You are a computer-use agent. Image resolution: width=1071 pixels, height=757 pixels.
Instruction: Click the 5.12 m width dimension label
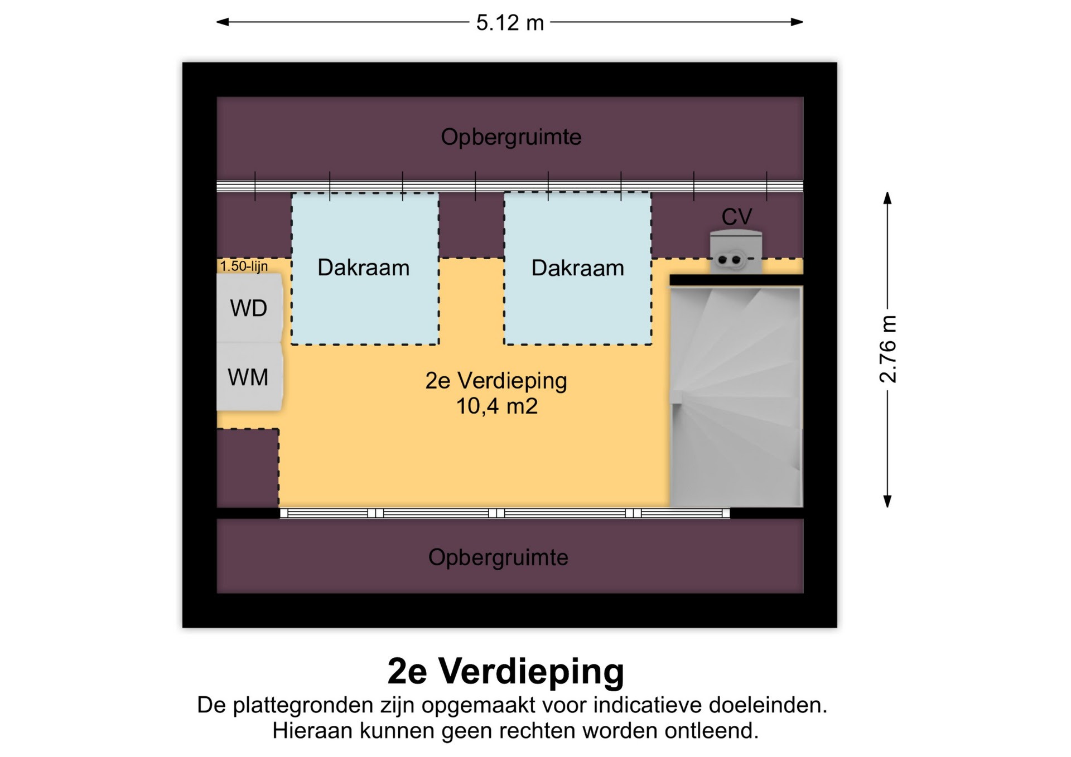[510, 23]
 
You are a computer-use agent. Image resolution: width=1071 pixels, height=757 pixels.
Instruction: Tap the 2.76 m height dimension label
[887, 349]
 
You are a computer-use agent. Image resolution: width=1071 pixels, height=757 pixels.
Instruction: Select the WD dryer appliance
[249, 308]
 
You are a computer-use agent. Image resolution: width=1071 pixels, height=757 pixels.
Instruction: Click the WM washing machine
[249, 377]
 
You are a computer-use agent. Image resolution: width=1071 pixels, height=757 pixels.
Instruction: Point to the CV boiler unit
[736, 252]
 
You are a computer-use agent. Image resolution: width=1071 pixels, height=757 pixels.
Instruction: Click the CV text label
[736, 217]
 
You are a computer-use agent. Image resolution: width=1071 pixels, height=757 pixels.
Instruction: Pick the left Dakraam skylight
[365, 269]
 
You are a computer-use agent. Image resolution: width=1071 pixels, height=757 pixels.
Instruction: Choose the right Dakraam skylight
[577, 269]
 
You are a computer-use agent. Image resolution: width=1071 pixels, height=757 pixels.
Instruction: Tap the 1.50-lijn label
[244, 266]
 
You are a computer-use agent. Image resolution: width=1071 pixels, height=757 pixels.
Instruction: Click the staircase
[736, 396]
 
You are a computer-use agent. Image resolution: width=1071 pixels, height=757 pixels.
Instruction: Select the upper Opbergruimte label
[511, 137]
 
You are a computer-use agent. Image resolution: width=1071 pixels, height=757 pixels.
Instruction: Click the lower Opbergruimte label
[498, 557]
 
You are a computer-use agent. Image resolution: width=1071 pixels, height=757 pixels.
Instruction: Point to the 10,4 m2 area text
[496, 406]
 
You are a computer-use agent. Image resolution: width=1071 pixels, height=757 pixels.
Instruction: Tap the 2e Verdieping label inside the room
[496, 381]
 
